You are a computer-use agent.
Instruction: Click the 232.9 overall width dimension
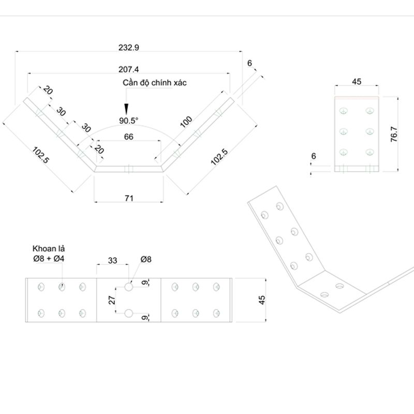pos(129,47)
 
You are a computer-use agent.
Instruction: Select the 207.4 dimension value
pos(129,69)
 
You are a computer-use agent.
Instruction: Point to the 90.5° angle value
pos(129,121)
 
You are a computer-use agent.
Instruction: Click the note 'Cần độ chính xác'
pos(155,83)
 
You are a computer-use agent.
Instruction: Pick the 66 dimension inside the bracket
pos(128,137)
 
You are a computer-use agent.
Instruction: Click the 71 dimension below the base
pos(129,198)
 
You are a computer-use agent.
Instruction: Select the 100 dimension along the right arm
pos(186,123)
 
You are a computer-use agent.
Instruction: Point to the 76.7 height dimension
pos(394,133)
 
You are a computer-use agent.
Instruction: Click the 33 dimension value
pos(112,261)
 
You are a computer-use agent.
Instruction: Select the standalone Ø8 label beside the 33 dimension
pos(145,259)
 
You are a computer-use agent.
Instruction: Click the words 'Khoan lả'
pos(48,249)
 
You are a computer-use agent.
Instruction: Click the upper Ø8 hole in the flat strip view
pos(128,286)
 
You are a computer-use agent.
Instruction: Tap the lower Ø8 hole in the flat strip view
pos(128,313)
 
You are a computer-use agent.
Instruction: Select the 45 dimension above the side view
pos(357,81)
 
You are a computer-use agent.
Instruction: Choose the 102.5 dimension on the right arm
pos(219,157)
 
